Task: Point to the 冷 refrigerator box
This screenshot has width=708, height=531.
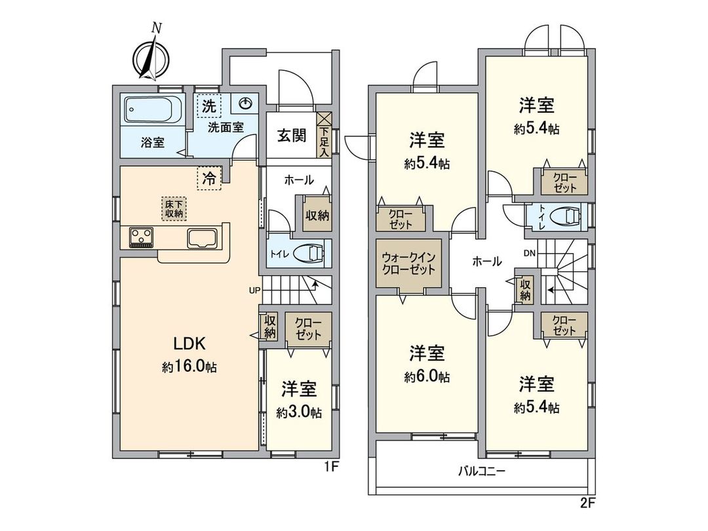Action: (208, 177)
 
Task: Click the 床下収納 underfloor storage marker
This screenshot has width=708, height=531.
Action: (174, 208)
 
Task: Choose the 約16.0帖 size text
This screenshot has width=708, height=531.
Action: (189, 368)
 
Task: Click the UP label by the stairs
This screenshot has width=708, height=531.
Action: (255, 289)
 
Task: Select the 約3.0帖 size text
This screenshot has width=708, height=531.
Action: (299, 413)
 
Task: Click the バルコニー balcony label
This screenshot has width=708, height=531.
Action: (482, 471)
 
